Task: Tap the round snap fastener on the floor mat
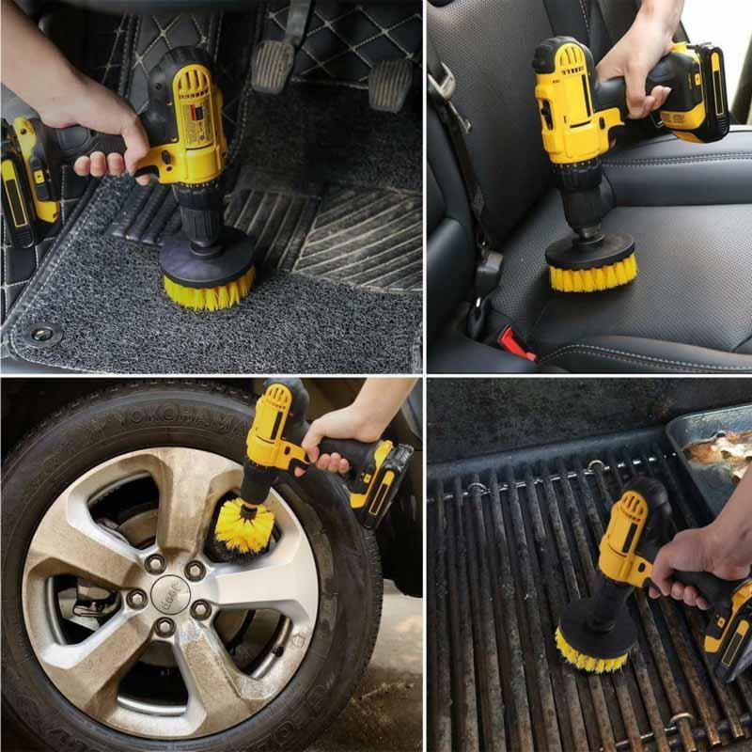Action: point(41,334)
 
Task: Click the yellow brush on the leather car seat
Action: point(592,275)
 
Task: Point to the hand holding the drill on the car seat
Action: point(639,66)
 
